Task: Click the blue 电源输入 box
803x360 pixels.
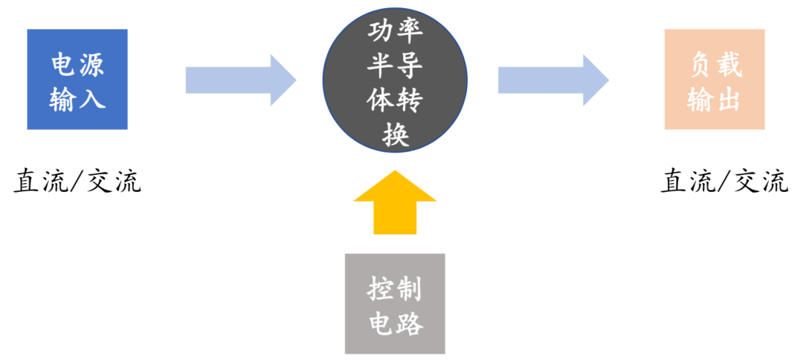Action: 77,79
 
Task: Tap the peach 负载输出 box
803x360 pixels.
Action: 715,79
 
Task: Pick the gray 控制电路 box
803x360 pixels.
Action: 395,303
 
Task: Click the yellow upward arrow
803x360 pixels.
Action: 395,202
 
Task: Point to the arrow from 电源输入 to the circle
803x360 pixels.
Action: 240,79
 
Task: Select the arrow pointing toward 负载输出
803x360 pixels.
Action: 552,79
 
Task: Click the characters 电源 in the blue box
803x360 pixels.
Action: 77,64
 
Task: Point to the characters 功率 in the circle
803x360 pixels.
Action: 395,33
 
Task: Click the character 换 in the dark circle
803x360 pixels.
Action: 395,135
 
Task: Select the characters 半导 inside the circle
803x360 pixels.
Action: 395,68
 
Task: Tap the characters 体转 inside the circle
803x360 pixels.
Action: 395,102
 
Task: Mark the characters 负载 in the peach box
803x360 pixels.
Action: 715,65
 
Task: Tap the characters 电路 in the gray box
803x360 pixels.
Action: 395,323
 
